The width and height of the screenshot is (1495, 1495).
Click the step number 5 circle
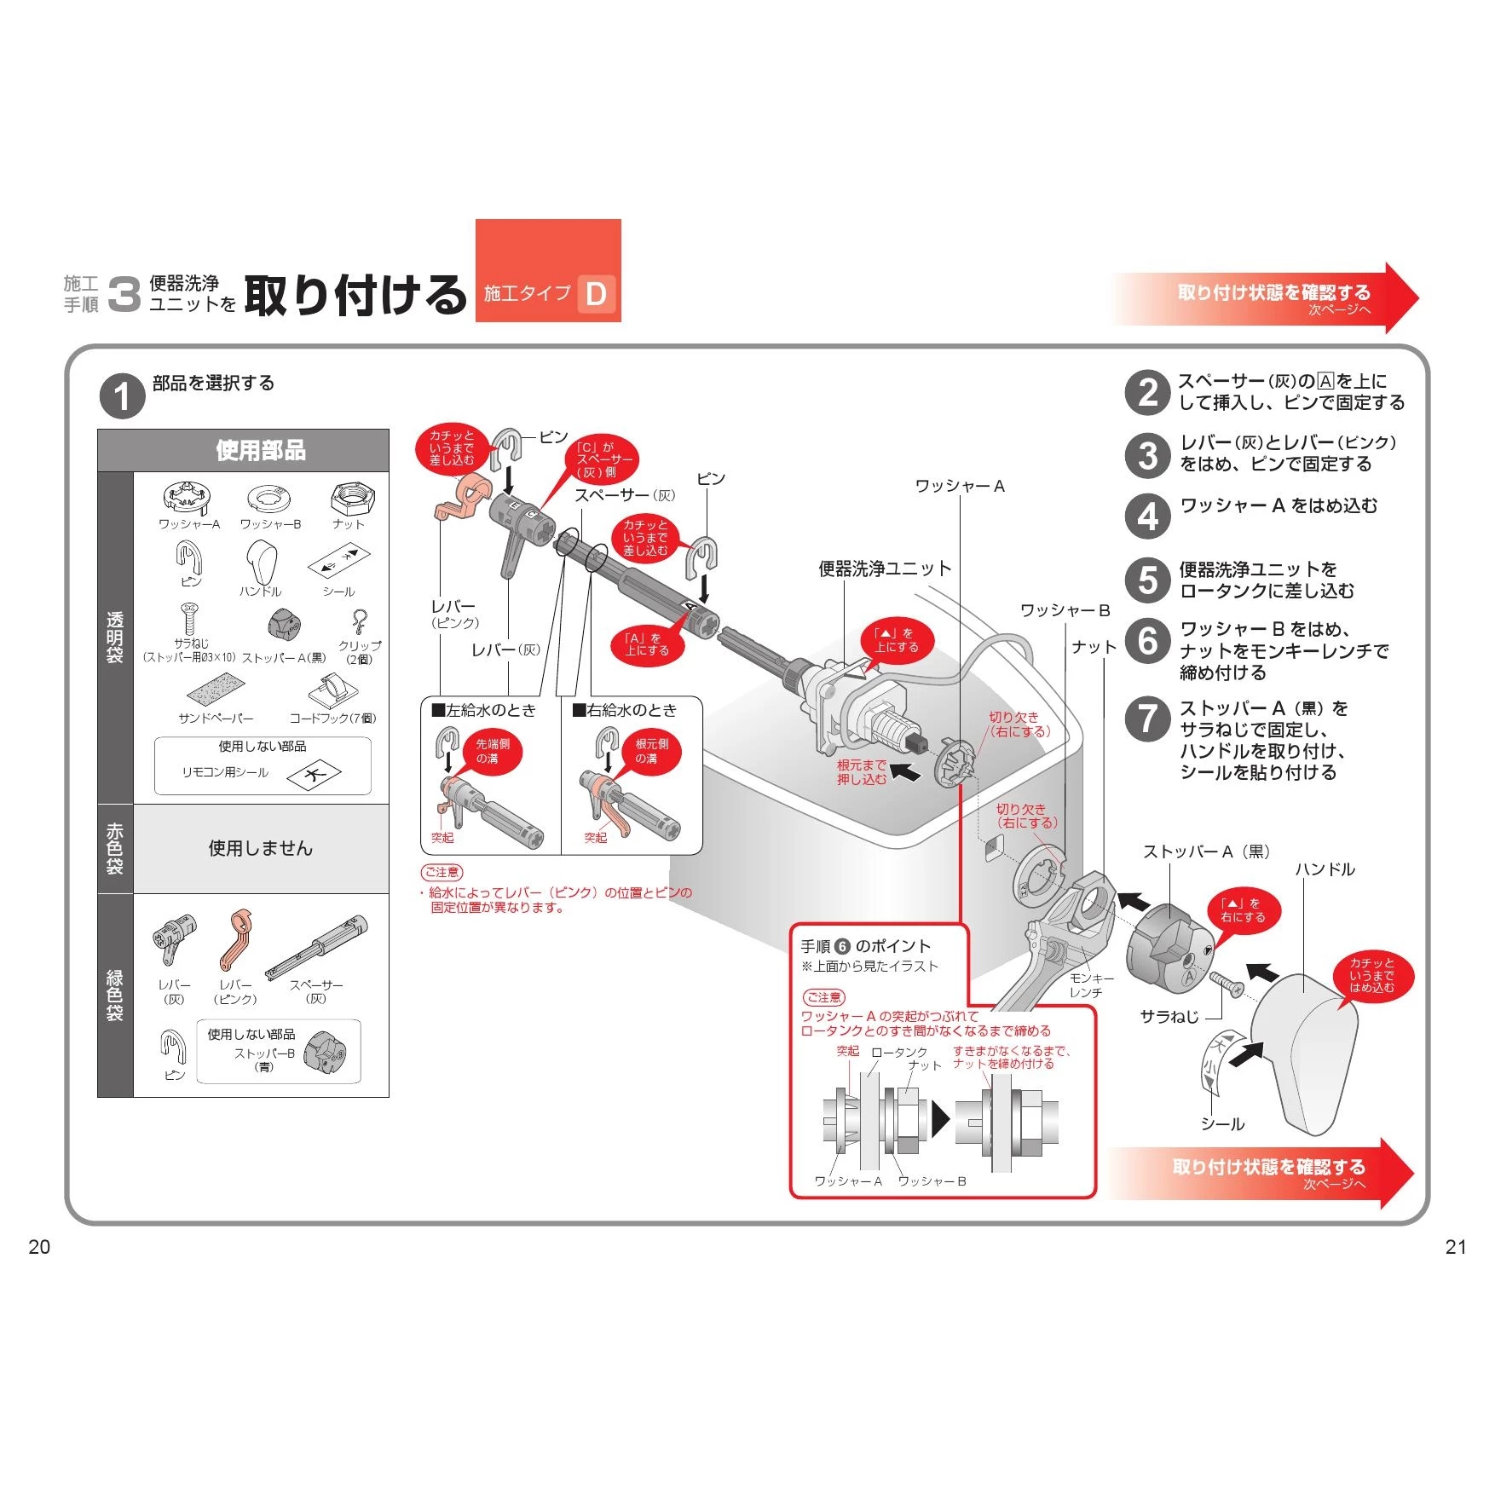[x=1147, y=580]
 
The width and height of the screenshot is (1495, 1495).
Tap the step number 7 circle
[x=1147, y=719]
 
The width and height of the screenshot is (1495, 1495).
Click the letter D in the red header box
[x=596, y=294]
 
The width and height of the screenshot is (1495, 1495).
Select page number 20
[x=39, y=1247]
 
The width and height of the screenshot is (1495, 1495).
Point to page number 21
[x=1456, y=1247]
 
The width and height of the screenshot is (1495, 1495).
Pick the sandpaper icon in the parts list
[x=215, y=691]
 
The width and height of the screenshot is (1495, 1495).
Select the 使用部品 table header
[x=261, y=450]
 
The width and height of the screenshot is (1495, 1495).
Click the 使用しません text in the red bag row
[x=261, y=848]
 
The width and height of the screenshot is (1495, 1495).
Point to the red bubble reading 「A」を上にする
[x=647, y=644]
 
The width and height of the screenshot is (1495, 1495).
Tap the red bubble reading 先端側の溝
[x=493, y=751]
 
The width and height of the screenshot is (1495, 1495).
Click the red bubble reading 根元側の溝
[x=652, y=751]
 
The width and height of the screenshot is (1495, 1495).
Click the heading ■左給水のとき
[x=483, y=710]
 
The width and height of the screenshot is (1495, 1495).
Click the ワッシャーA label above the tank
[x=960, y=486]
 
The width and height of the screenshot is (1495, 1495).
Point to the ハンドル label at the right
[x=1325, y=869]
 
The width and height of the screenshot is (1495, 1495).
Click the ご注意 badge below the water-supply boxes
[x=442, y=872]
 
